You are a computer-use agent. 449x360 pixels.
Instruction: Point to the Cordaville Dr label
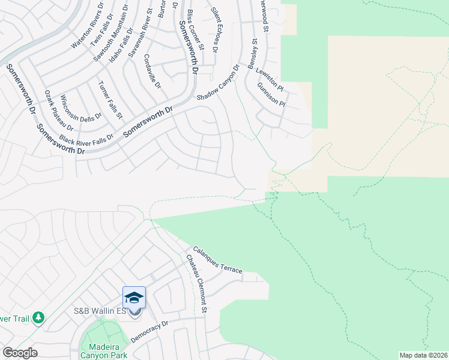[152, 71]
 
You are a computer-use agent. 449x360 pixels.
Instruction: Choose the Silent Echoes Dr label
[221, 29]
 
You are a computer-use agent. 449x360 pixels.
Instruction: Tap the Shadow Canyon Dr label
[217, 88]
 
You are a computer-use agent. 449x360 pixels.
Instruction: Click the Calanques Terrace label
[217, 261]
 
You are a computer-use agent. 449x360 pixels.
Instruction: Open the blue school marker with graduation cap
[134, 298]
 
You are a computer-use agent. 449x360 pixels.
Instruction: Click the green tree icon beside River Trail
[38, 317]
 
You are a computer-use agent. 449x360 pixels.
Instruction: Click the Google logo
[20, 353]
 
